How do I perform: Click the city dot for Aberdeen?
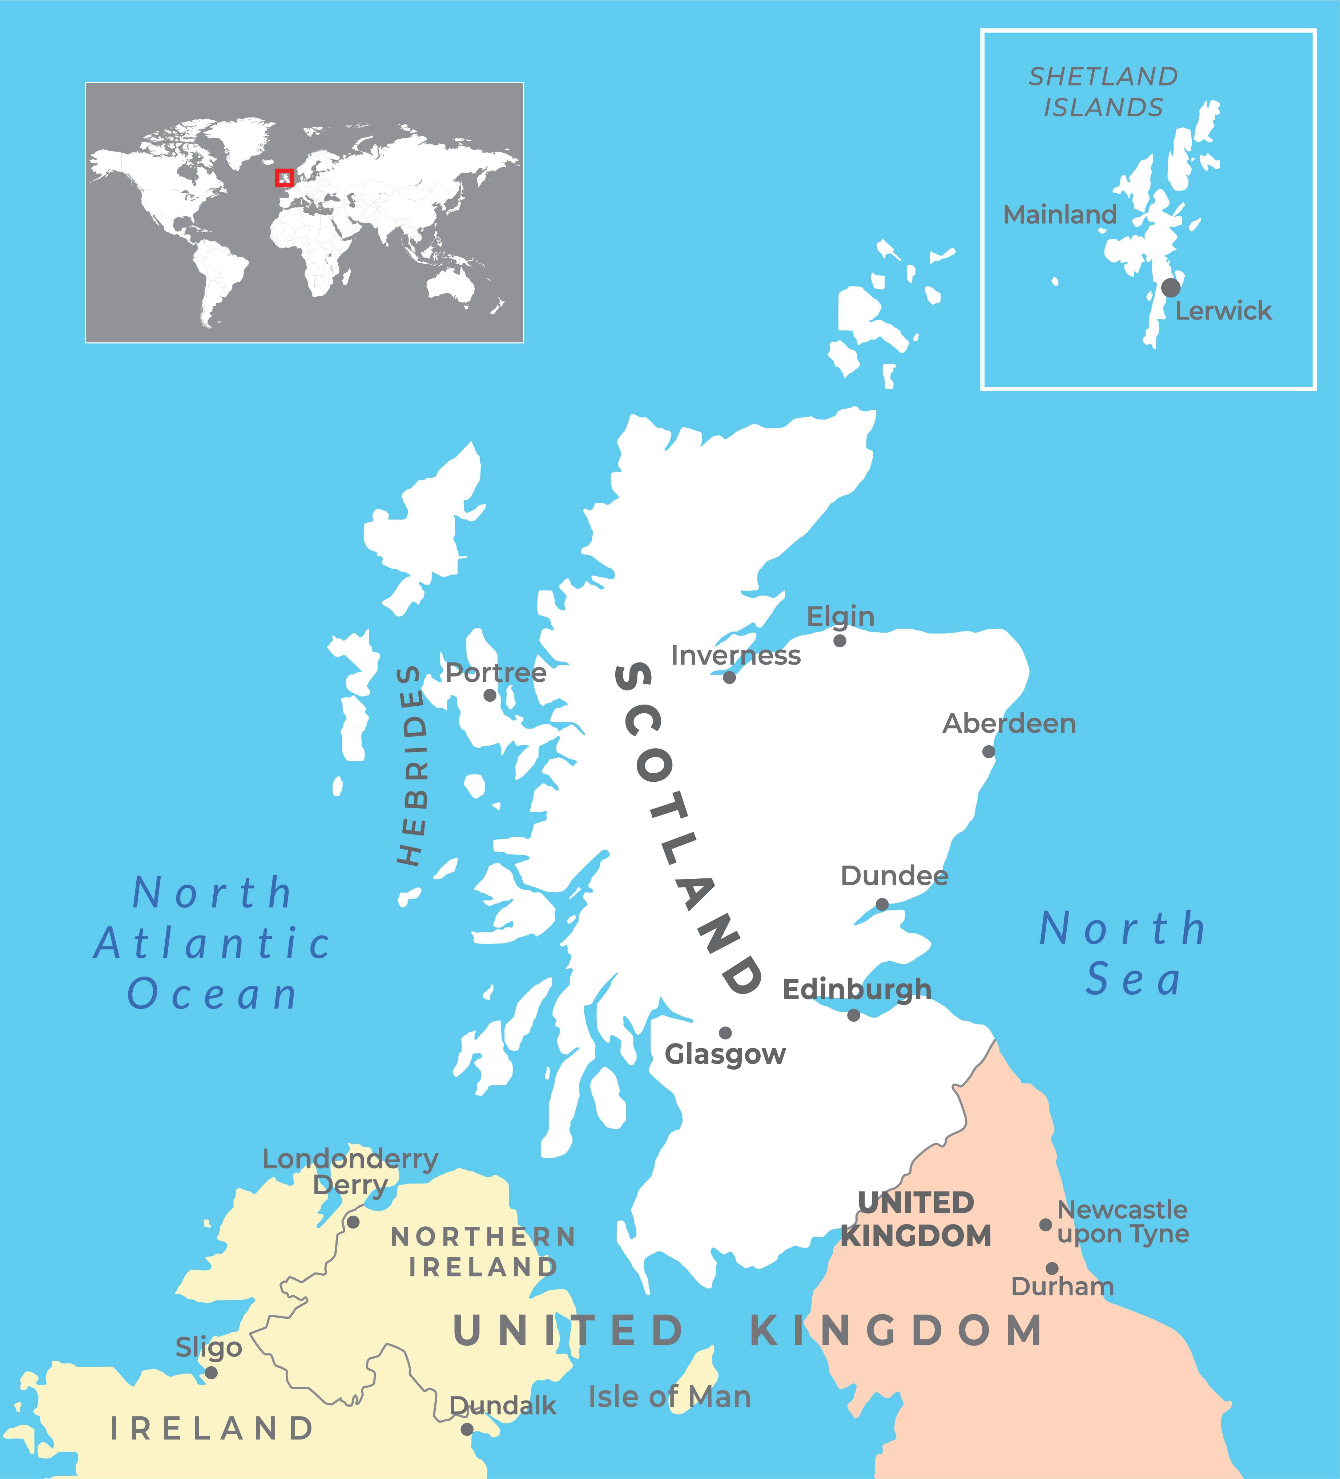coord(989,751)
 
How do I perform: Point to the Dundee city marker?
coord(882,904)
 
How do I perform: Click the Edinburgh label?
coord(857,990)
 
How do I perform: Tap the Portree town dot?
coord(490,695)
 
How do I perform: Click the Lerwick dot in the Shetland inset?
coord(1171,288)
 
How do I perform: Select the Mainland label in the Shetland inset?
coord(1060,215)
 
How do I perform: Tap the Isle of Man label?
coord(669,1398)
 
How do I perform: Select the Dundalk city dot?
coord(466,1429)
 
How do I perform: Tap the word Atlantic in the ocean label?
coord(213,944)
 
